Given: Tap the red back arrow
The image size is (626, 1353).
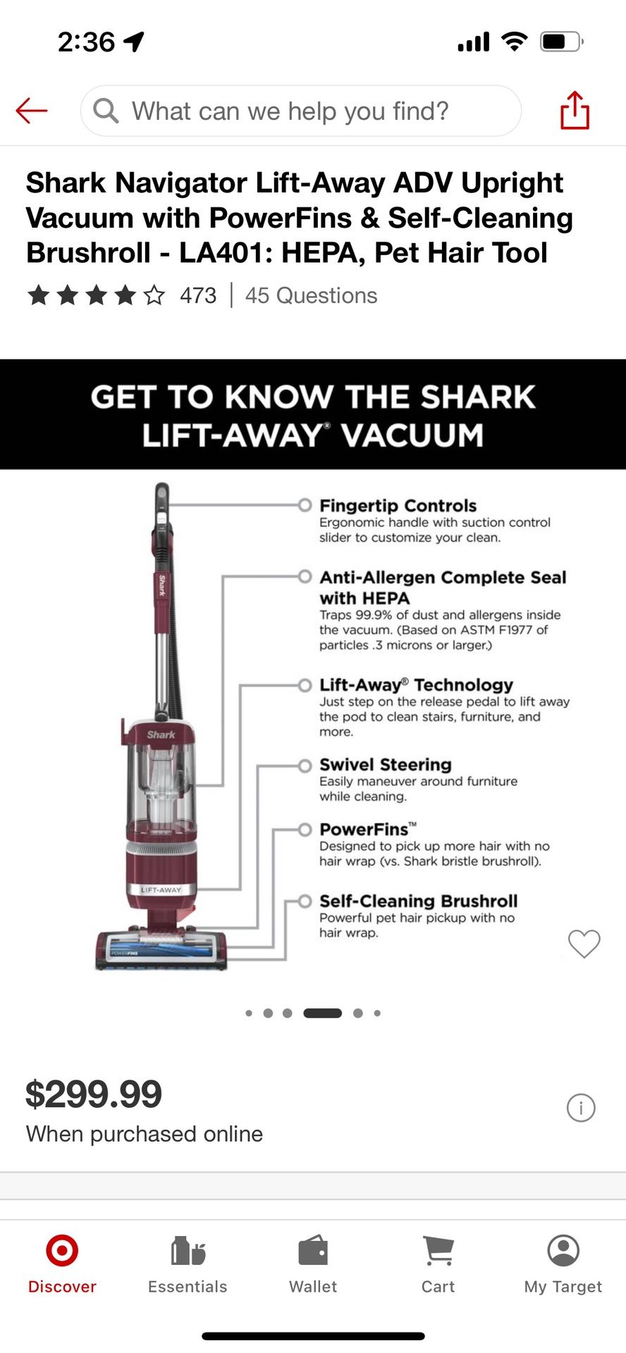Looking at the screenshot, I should (x=32, y=111).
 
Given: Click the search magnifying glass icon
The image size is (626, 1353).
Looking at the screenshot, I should (x=106, y=111).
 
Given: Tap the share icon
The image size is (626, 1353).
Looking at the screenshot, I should (x=575, y=111).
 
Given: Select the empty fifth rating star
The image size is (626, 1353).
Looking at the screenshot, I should (x=154, y=295).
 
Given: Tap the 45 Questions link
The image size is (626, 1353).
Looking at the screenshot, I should (x=311, y=295).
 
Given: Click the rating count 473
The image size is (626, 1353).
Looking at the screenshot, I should (x=198, y=295).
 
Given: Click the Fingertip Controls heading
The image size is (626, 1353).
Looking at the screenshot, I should (x=398, y=506).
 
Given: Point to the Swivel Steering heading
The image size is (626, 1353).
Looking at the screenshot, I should (x=385, y=765).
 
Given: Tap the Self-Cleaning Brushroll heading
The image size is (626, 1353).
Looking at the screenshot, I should (x=418, y=901).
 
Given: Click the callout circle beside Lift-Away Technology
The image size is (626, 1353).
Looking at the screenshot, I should (x=305, y=685).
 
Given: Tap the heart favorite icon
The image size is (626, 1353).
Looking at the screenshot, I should (x=584, y=944).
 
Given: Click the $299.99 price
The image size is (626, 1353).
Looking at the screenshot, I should (x=94, y=1094).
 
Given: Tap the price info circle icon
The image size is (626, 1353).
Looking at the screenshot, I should (x=581, y=1108).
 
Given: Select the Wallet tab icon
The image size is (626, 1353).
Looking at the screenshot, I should (x=313, y=1252).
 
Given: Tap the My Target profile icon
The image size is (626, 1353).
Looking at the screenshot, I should (x=563, y=1251).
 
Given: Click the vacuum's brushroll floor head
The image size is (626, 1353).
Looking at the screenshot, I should (x=162, y=949).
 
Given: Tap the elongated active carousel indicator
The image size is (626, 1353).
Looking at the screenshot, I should (x=322, y=1013).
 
